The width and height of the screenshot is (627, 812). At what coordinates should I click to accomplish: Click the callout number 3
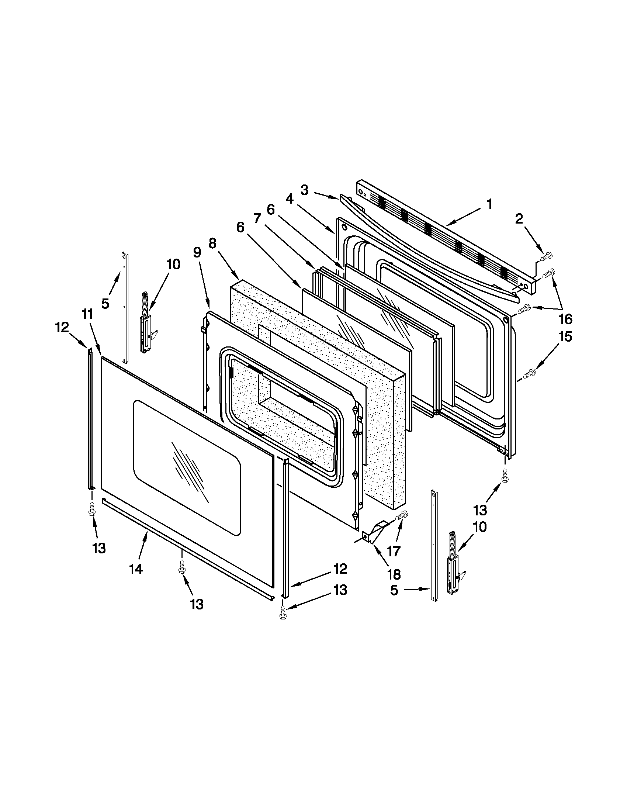coord(304,190)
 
